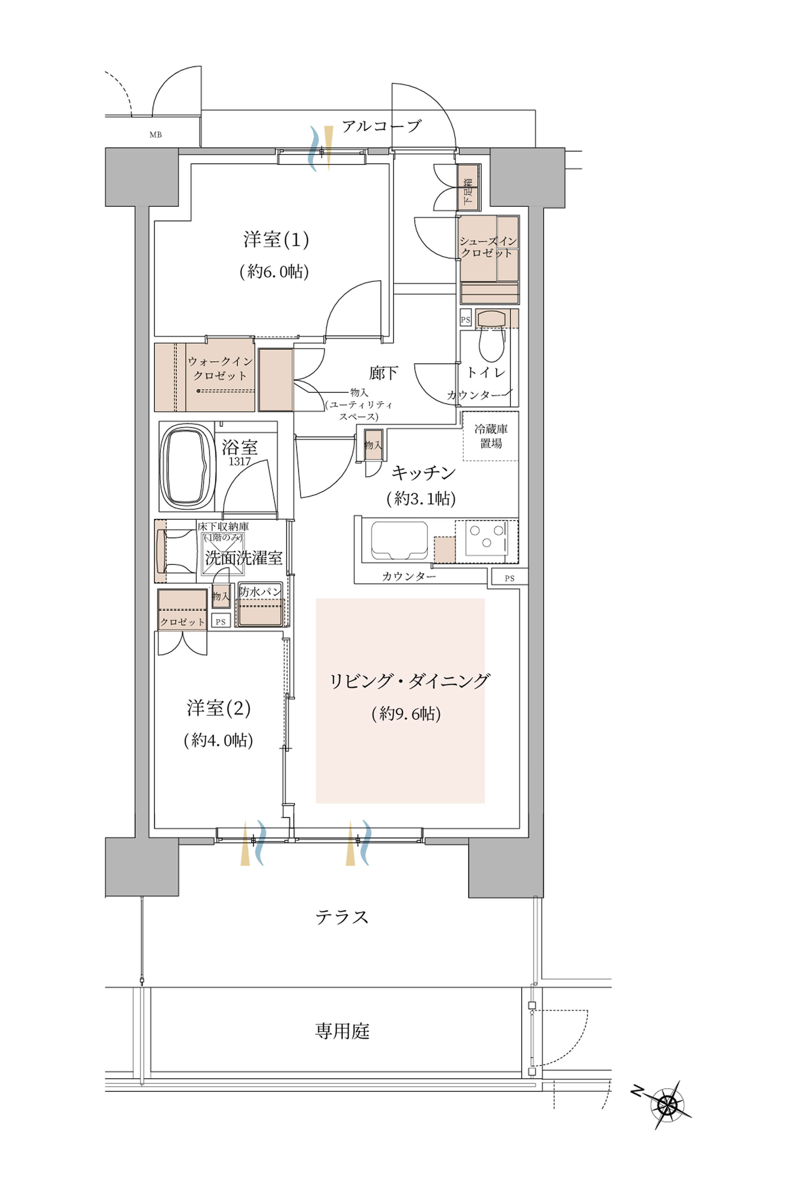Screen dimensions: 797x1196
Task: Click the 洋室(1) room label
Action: tap(276, 240)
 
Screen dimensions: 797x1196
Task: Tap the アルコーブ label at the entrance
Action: tap(381, 126)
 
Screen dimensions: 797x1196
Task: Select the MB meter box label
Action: tap(155, 135)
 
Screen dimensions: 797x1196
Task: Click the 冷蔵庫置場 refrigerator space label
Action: tap(491, 436)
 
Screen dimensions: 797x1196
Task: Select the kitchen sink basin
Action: tap(399, 541)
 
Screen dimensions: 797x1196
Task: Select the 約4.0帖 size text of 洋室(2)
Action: tap(219, 740)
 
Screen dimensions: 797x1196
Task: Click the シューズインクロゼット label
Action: tap(488, 247)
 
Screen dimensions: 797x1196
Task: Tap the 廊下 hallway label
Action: tap(383, 373)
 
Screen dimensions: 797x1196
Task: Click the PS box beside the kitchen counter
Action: tap(509, 578)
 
